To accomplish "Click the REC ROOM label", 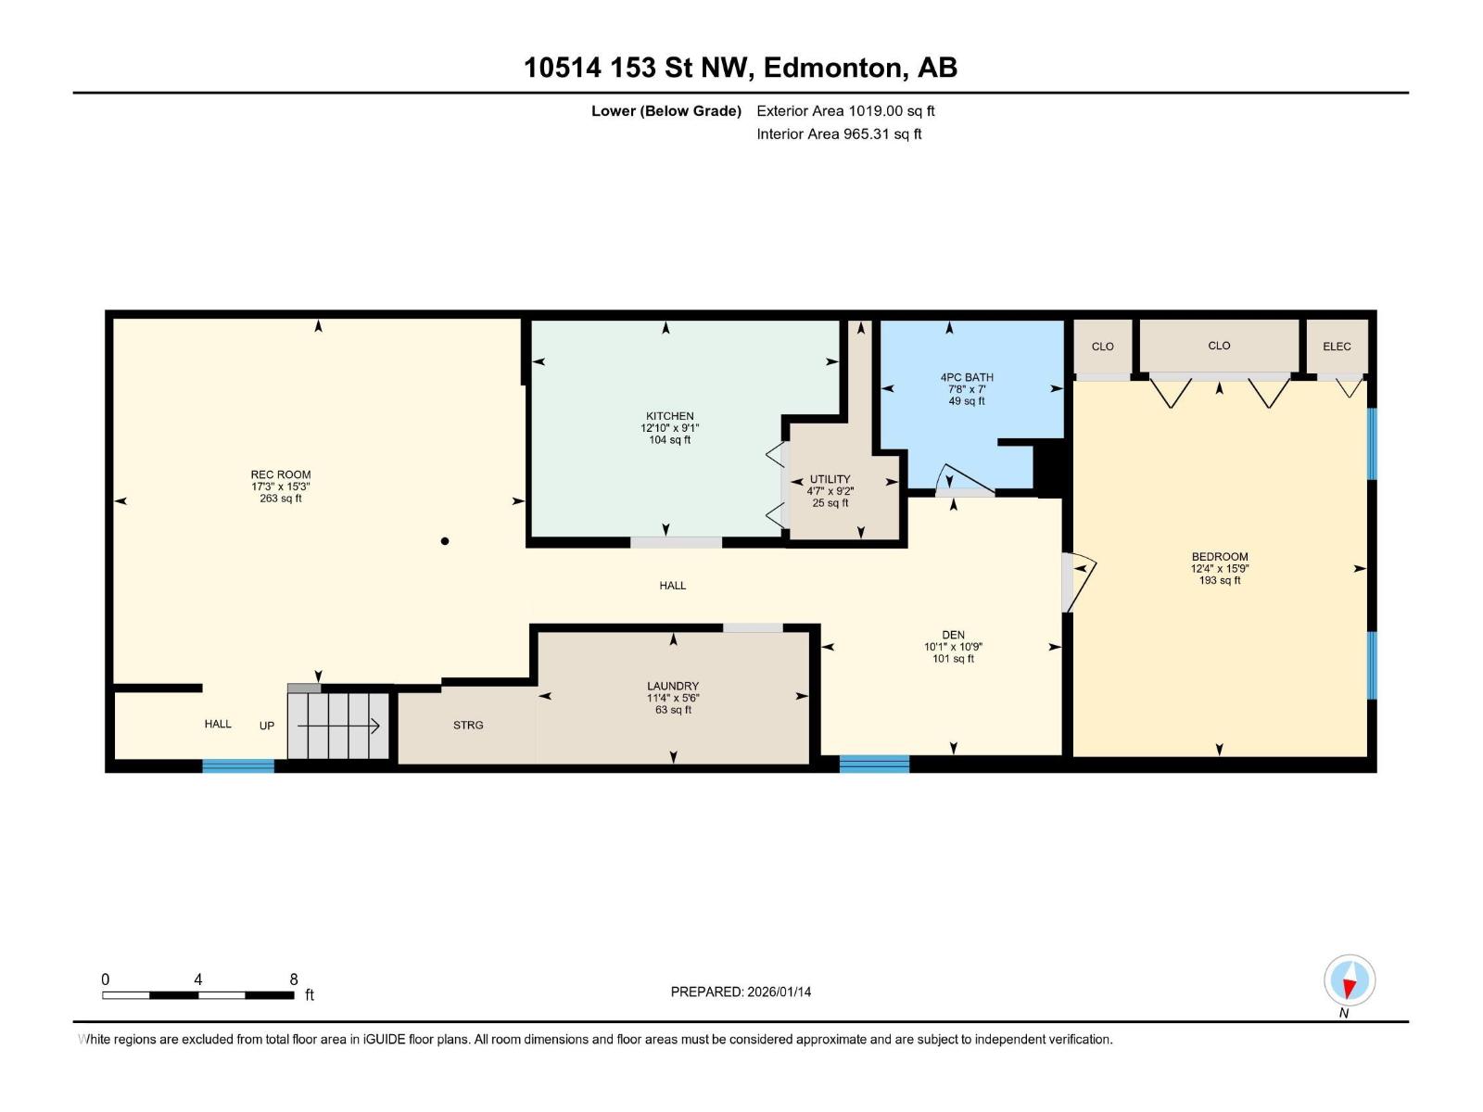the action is [281, 474].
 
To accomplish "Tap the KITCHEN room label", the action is [669, 416].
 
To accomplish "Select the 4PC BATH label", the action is [966, 377].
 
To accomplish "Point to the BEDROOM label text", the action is [1219, 556].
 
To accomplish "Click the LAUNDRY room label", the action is [672, 686].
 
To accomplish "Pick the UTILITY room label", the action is [830, 479].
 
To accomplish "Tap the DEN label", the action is [953, 635].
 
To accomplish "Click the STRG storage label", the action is [467, 726].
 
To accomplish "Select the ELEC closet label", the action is [1337, 347].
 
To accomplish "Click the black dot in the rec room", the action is [445, 541].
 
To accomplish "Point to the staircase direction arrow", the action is [337, 726].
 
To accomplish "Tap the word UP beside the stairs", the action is [267, 726].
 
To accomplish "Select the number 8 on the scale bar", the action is [293, 979].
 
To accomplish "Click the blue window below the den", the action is [874, 764].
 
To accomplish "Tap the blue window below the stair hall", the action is [238, 765].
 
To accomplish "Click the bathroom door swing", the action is [964, 479].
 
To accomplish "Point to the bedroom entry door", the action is [1078, 582].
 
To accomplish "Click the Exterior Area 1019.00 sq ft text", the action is [845, 110].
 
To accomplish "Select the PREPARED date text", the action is [741, 992].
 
